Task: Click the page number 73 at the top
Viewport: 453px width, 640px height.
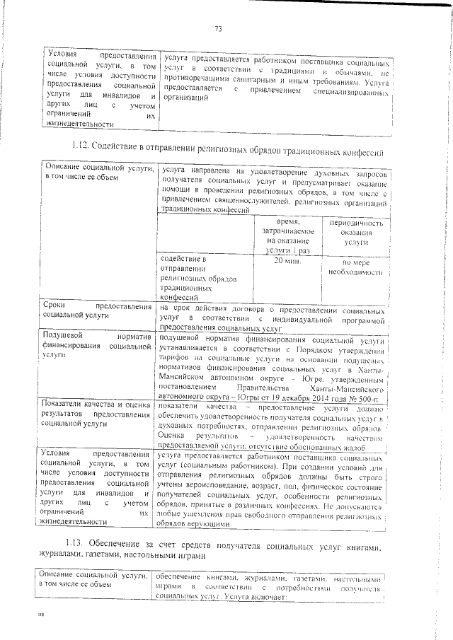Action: point(218,29)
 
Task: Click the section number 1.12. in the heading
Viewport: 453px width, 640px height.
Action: point(81,151)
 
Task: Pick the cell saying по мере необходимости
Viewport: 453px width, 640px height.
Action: point(352,266)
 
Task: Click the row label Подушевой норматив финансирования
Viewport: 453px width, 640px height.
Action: point(98,347)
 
